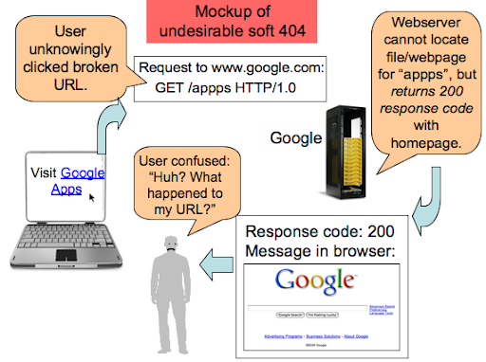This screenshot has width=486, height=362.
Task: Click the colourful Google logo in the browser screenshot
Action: pos(316,281)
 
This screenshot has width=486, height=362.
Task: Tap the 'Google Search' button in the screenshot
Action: pos(296,315)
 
